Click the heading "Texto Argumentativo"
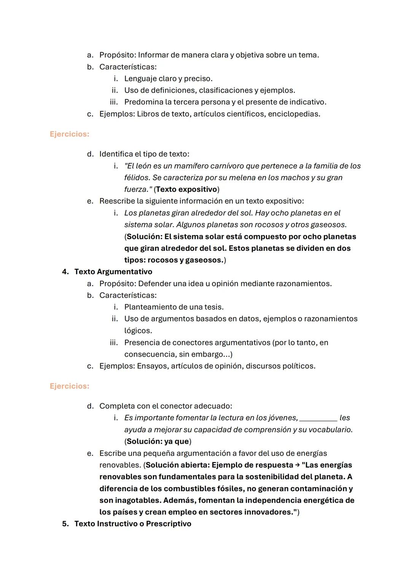pyautogui.click(x=113, y=272)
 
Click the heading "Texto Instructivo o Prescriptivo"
pyautogui.click(x=132, y=524)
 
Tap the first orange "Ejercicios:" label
pyautogui.click(x=69, y=134)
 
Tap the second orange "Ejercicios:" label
pyautogui.click(x=69, y=386)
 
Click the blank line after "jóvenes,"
pyautogui.click(x=318, y=418)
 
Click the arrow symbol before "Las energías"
pyautogui.click(x=297, y=465)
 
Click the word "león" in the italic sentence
pyautogui.click(x=144, y=166)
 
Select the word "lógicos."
pyautogui.click(x=138, y=330)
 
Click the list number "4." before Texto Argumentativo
pyautogui.click(x=65, y=272)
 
